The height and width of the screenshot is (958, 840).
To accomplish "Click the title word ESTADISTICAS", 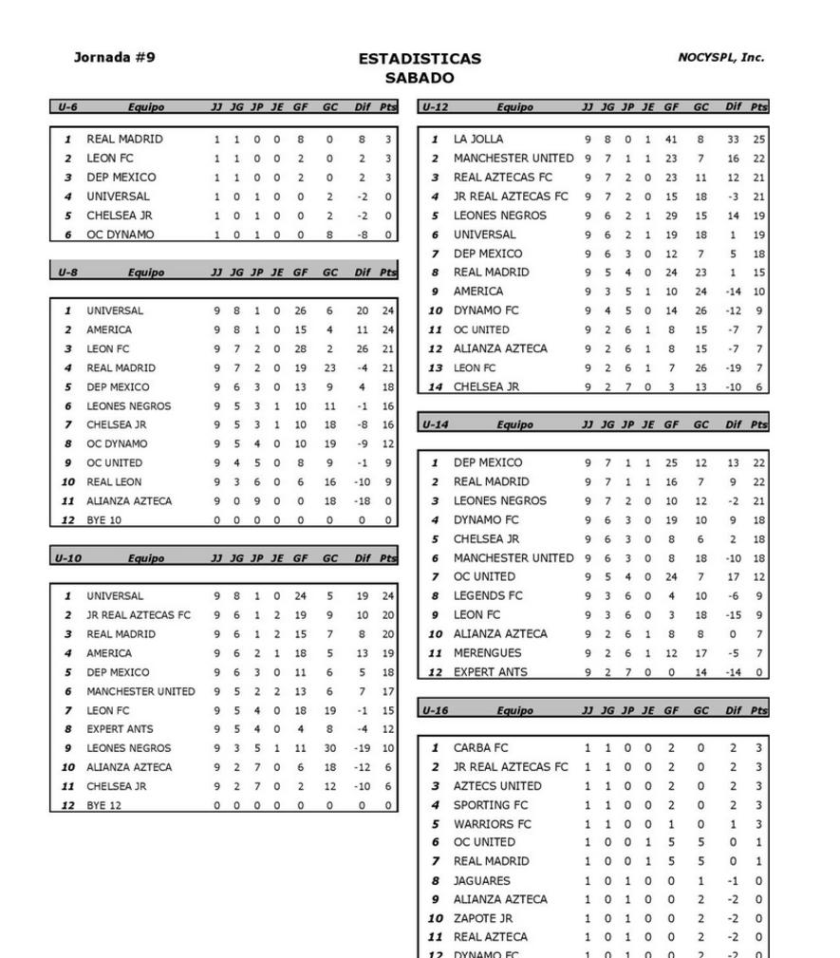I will [x=420, y=59].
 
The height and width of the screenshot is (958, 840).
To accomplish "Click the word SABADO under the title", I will [x=420, y=78].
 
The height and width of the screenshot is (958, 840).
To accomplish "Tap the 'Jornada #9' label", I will [x=115, y=57].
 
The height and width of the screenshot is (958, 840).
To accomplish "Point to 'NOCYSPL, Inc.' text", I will [x=720, y=57].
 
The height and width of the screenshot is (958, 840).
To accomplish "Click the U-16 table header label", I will [x=434, y=710].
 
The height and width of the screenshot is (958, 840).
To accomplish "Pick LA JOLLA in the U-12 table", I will [x=478, y=140].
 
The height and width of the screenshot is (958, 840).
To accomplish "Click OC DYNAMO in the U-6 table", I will [x=120, y=235].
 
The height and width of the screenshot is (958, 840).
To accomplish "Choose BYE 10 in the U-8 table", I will [x=106, y=520].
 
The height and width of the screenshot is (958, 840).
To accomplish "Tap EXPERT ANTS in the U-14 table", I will [x=490, y=672].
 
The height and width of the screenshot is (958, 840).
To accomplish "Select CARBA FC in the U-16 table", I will [x=480, y=748].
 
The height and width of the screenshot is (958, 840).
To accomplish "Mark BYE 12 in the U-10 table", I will [x=104, y=805].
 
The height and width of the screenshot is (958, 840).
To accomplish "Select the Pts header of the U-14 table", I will [x=758, y=425].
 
